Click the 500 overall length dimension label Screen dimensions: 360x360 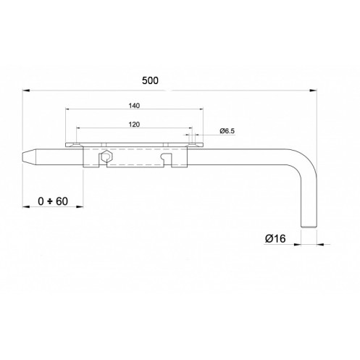[x=150, y=80]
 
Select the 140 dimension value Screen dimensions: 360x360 [x=134, y=106]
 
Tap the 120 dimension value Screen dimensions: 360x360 [x=134, y=125]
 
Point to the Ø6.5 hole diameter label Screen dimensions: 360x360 [x=227, y=131]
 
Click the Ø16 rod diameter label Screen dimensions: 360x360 [x=275, y=239]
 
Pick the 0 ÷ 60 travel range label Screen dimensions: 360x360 [x=53, y=201]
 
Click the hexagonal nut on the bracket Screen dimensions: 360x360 [x=106, y=156]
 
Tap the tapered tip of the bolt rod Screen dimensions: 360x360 [x=27, y=157]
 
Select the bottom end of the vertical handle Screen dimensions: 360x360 [x=309, y=227]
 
